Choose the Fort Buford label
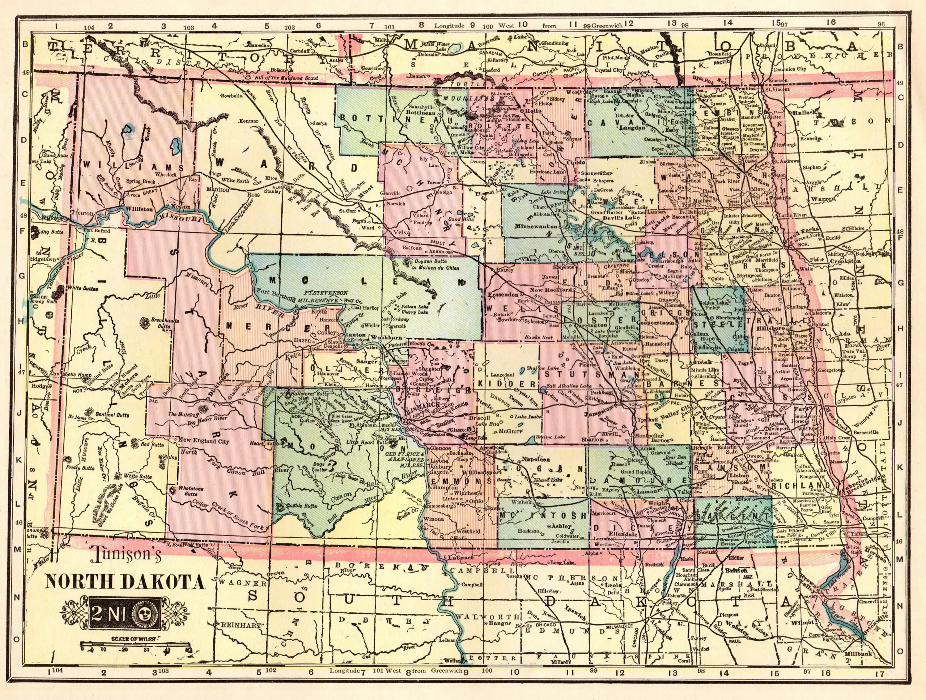[x=97, y=231]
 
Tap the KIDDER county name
[x=507, y=383]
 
